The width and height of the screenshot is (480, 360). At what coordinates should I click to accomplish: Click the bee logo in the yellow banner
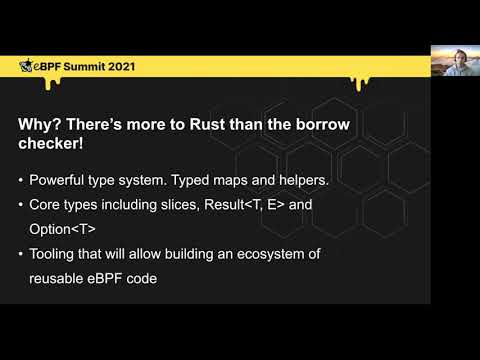[26, 67]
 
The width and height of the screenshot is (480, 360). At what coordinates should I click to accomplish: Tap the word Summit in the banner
[79, 67]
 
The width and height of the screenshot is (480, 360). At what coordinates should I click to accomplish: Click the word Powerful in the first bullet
[63, 182]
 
